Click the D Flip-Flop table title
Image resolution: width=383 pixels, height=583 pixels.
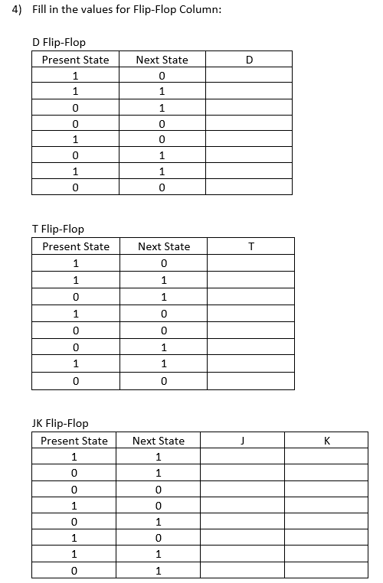tap(58, 42)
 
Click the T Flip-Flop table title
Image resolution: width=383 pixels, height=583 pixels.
tap(58, 229)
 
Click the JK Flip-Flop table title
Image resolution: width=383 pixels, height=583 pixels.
tap(61, 423)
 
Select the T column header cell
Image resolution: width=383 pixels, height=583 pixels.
tap(250, 246)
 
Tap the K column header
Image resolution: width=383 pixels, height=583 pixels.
tap(326, 441)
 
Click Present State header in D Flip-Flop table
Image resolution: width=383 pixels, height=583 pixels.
tap(75, 60)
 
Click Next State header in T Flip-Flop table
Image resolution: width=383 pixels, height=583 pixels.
tap(163, 246)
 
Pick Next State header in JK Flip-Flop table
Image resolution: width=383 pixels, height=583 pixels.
tap(158, 441)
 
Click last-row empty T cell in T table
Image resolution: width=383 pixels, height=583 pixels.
tap(250, 380)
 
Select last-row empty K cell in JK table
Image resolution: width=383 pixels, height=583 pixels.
tap(326, 571)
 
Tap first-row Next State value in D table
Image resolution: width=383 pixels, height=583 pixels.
tap(162, 76)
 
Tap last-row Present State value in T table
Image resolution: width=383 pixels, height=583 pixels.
tap(75, 380)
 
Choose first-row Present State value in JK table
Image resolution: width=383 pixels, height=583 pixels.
tap(74, 458)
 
